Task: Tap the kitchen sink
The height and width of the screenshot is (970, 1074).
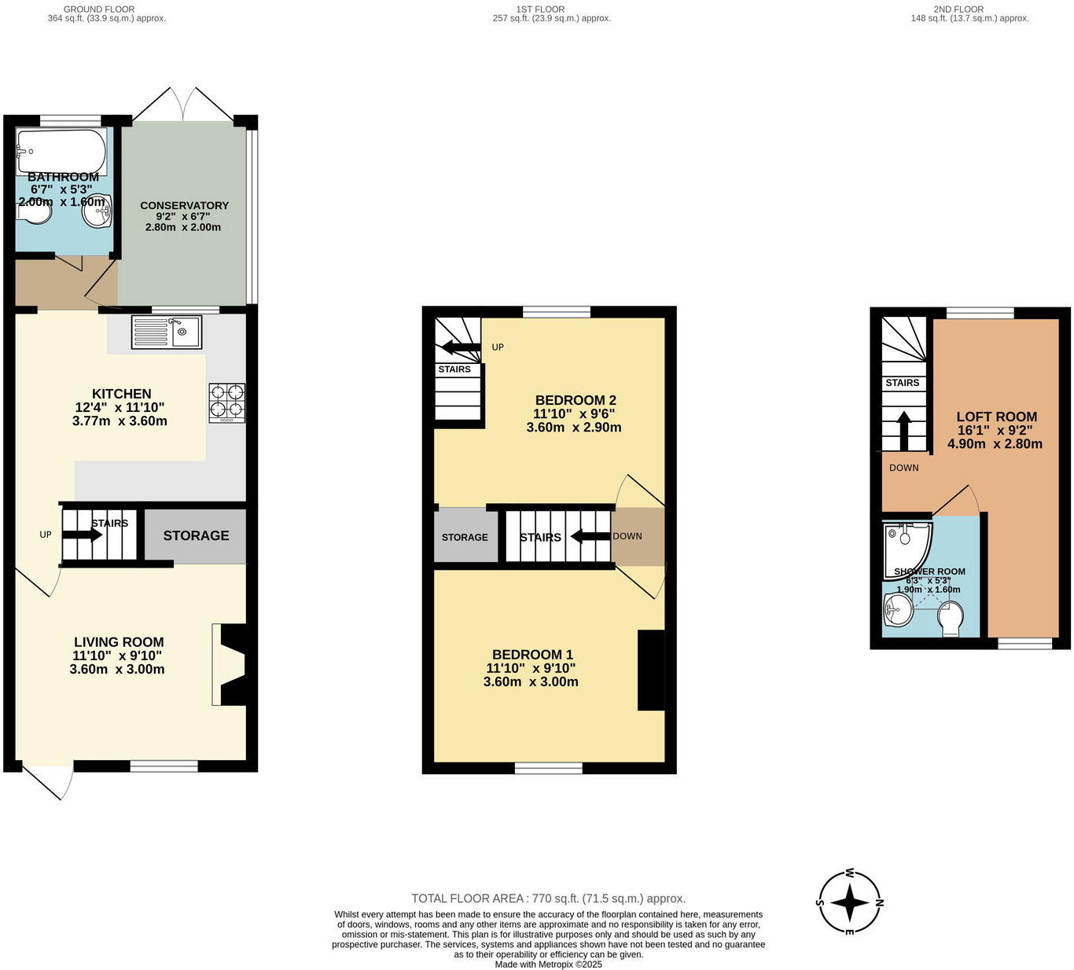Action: point(167,331)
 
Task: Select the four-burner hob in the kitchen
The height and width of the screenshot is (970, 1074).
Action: point(226,402)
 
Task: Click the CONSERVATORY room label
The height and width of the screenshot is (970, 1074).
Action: point(184,205)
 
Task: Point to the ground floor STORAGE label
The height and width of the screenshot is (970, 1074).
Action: point(196,535)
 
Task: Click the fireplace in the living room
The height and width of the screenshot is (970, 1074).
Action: point(230,665)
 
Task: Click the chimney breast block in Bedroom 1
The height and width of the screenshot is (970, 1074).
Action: point(651,671)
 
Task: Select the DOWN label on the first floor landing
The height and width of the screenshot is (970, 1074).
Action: point(627,536)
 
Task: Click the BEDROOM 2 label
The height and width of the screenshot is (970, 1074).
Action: point(570,400)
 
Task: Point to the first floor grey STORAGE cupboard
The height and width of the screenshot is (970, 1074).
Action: point(465,537)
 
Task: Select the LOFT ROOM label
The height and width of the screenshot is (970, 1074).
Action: point(996,417)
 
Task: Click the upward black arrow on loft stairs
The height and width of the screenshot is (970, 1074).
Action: point(903,429)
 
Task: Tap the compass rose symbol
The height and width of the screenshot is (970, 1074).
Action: point(850,902)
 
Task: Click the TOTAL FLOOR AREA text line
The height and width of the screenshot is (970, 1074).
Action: point(548,898)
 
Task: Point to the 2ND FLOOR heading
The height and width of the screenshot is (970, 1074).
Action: point(958,9)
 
